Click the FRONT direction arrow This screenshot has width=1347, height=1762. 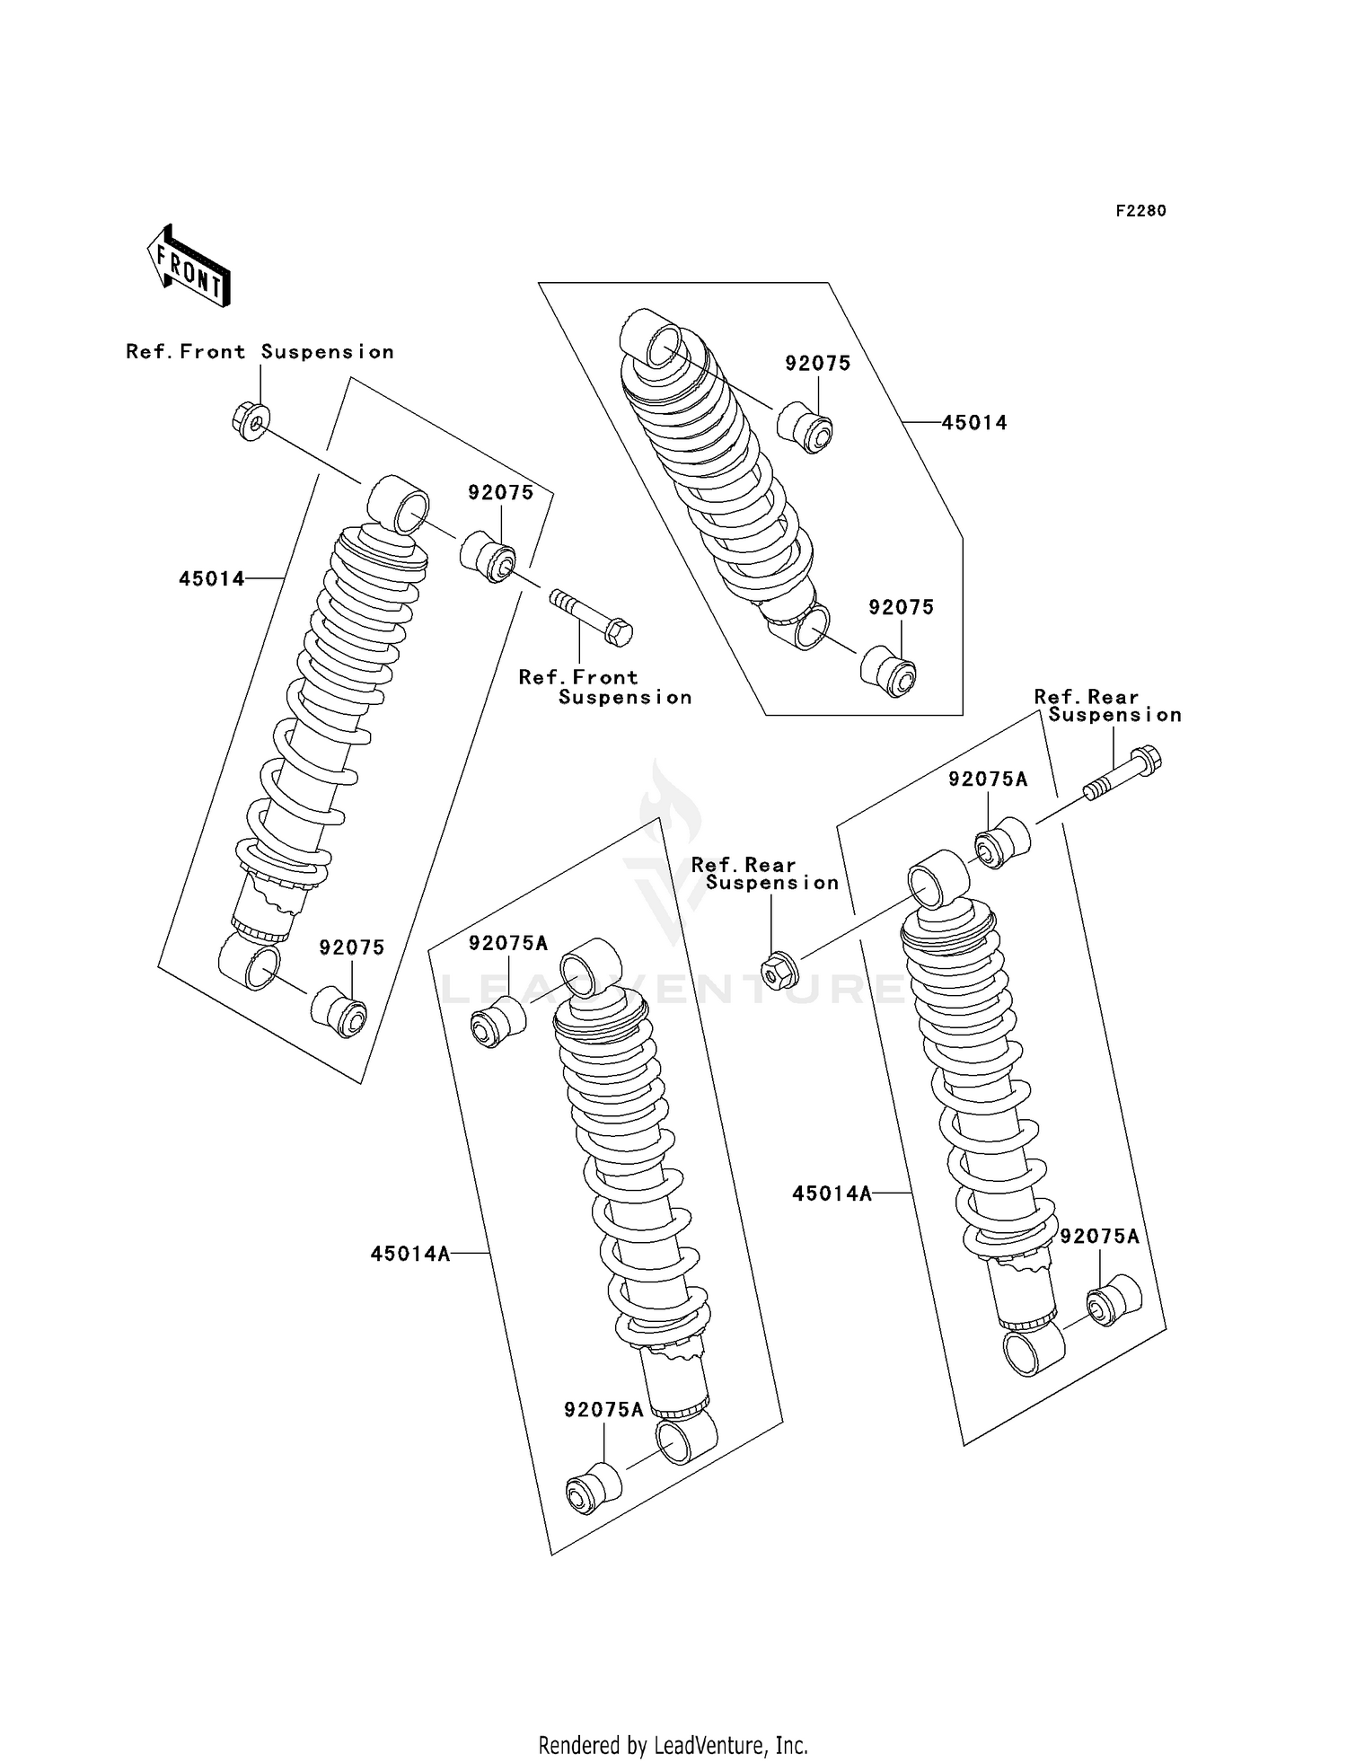(x=189, y=267)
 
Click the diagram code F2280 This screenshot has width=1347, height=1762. (x=1140, y=211)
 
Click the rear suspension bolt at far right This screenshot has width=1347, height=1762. (x=1123, y=773)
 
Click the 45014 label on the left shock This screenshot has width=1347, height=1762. (x=212, y=579)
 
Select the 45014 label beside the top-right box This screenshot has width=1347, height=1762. (x=974, y=423)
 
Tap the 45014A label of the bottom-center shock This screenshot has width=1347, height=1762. (x=410, y=1254)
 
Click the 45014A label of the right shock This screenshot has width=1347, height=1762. (x=832, y=1194)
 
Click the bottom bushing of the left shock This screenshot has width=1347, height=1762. (x=339, y=1012)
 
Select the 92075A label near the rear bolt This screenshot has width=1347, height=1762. (x=988, y=780)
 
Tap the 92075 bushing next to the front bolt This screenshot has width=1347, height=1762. (x=489, y=558)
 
